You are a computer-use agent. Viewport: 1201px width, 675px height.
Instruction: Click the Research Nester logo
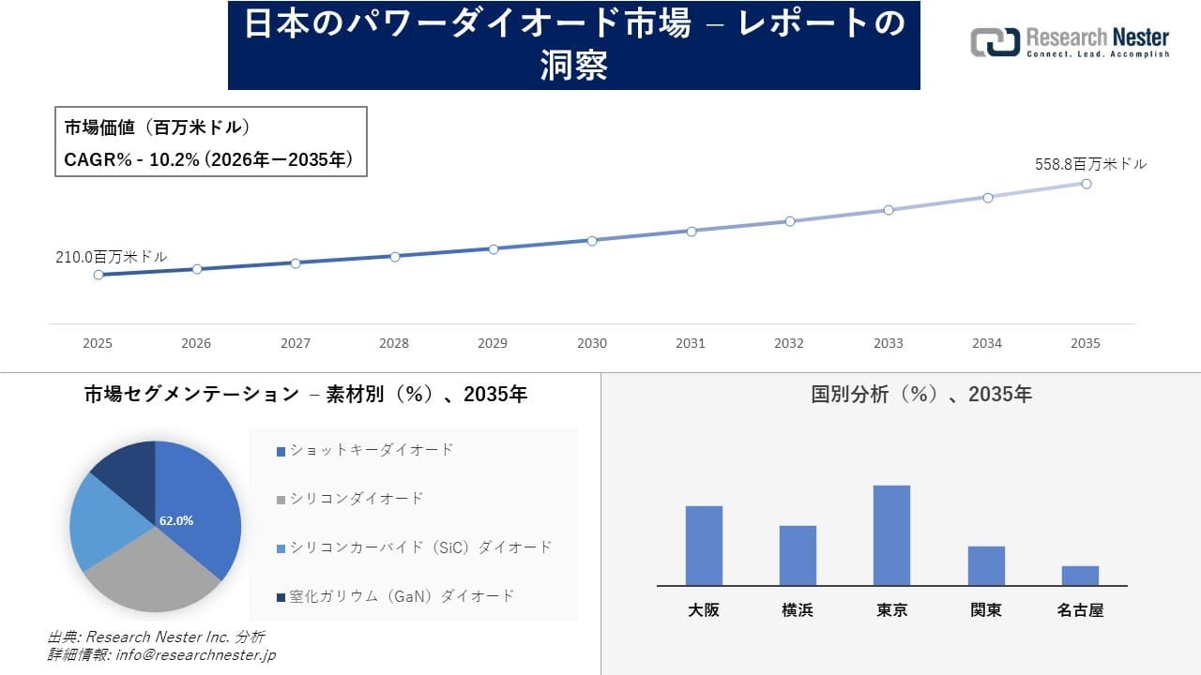click(1070, 43)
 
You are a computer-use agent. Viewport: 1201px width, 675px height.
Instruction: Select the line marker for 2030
click(592, 241)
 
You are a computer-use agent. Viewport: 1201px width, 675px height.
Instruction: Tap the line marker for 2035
click(1087, 184)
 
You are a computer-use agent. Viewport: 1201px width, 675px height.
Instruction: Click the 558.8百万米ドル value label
click(1090, 164)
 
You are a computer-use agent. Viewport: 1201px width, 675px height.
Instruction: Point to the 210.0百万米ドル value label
click(112, 257)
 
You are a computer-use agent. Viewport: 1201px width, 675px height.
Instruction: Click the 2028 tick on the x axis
click(394, 343)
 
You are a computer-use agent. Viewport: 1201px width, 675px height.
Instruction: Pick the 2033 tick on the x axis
click(888, 343)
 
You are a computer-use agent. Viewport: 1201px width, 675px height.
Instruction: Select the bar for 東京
click(891, 535)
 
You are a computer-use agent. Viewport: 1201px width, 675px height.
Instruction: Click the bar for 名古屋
click(1080, 576)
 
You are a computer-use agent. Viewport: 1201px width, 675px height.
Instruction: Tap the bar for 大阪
click(704, 546)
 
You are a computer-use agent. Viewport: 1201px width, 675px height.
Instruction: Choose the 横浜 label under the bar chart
click(798, 610)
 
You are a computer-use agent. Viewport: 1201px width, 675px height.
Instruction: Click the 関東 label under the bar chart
click(986, 610)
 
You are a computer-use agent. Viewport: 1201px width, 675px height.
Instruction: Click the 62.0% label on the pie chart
click(176, 520)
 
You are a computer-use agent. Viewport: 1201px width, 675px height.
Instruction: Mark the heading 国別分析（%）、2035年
click(921, 395)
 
